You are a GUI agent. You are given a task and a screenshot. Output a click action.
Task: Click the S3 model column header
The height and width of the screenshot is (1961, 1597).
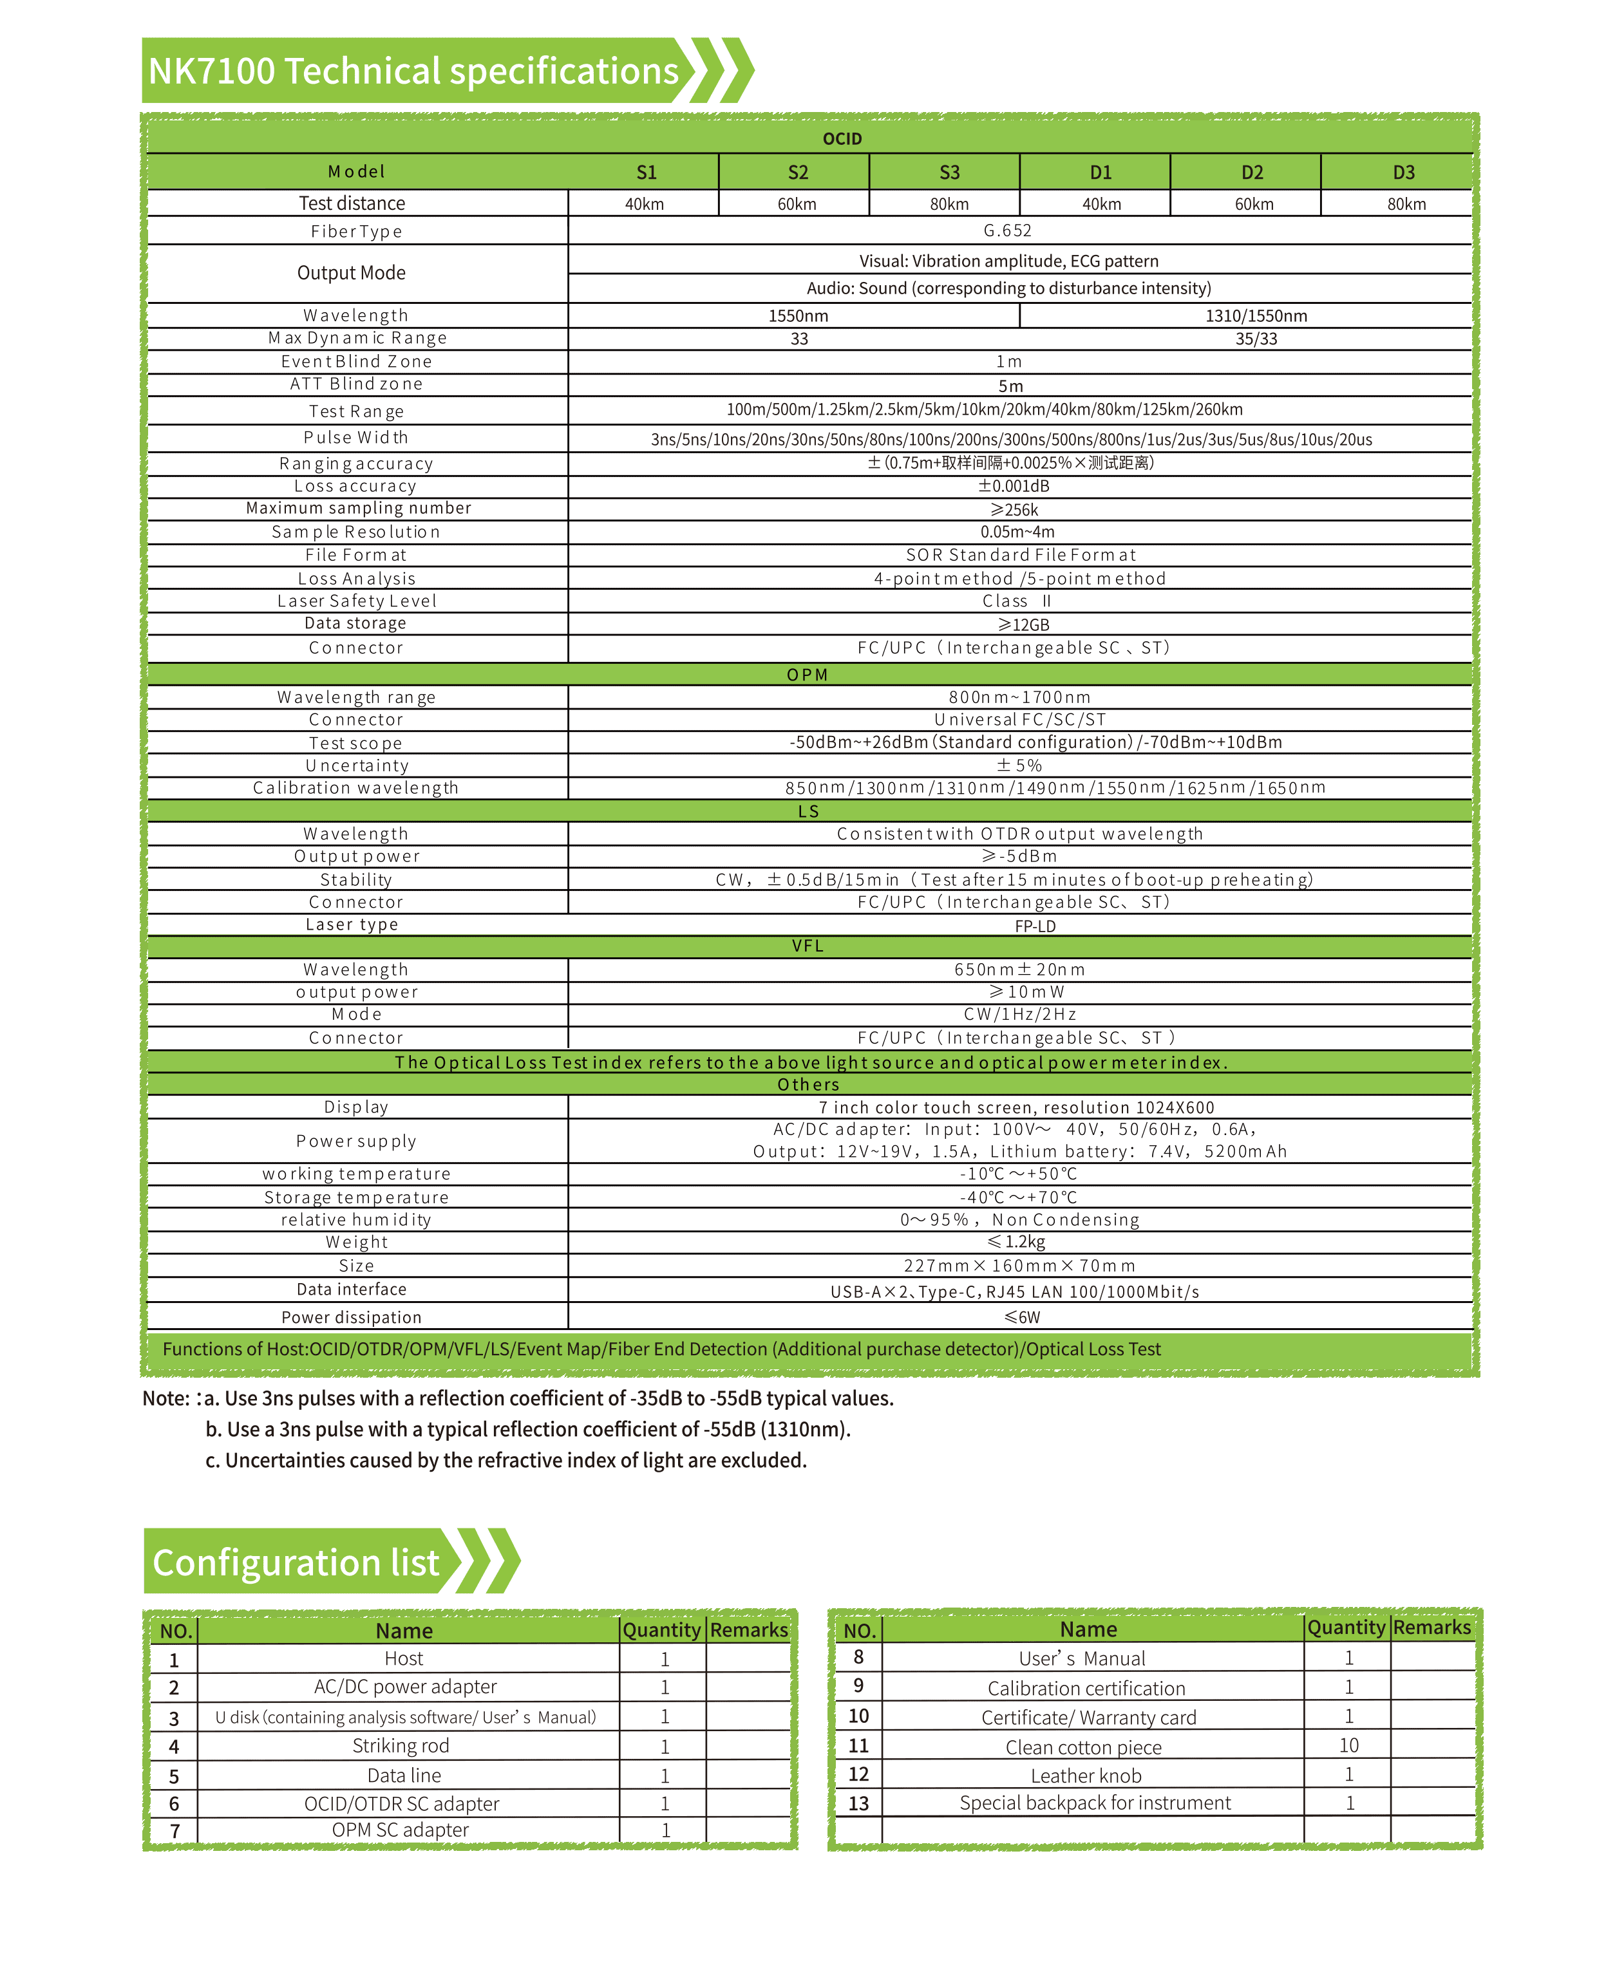(949, 172)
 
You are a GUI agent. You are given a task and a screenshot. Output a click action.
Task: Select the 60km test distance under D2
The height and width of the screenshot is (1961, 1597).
(1254, 204)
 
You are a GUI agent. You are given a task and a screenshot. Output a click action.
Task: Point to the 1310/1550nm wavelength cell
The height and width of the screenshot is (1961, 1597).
(1256, 315)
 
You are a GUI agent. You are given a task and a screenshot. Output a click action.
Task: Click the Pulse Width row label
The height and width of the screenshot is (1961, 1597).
(356, 438)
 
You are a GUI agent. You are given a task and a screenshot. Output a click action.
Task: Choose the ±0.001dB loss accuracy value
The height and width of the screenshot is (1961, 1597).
(1013, 485)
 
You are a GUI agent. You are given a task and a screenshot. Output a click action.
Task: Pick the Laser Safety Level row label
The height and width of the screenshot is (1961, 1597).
(357, 601)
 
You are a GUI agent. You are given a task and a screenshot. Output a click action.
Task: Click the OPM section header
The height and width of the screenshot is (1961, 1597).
(808, 674)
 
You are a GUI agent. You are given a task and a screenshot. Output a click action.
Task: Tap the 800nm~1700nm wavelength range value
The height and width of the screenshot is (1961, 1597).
(1019, 697)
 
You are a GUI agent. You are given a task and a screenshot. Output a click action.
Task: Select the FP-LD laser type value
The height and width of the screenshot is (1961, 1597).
(1035, 926)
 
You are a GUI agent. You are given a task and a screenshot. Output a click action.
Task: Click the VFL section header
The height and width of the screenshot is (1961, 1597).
(808, 946)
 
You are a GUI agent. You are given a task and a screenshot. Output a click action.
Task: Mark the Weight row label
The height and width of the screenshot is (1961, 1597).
(357, 1243)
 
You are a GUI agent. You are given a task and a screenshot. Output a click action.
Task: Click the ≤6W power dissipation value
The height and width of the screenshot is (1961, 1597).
(1022, 1317)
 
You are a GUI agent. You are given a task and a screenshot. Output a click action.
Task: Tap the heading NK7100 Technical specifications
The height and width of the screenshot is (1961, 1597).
(413, 71)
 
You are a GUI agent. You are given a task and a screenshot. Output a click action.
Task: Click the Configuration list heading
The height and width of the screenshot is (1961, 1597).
(296, 1562)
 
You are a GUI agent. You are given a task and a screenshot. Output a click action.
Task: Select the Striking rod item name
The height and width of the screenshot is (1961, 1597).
(401, 1746)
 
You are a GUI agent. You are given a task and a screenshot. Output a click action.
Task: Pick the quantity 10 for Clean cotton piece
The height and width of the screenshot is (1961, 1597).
(1348, 1745)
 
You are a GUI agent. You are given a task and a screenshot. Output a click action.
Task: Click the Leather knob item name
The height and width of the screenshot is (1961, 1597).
(1086, 1775)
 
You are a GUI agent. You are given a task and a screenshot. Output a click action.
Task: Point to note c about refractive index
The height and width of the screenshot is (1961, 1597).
(506, 1461)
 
